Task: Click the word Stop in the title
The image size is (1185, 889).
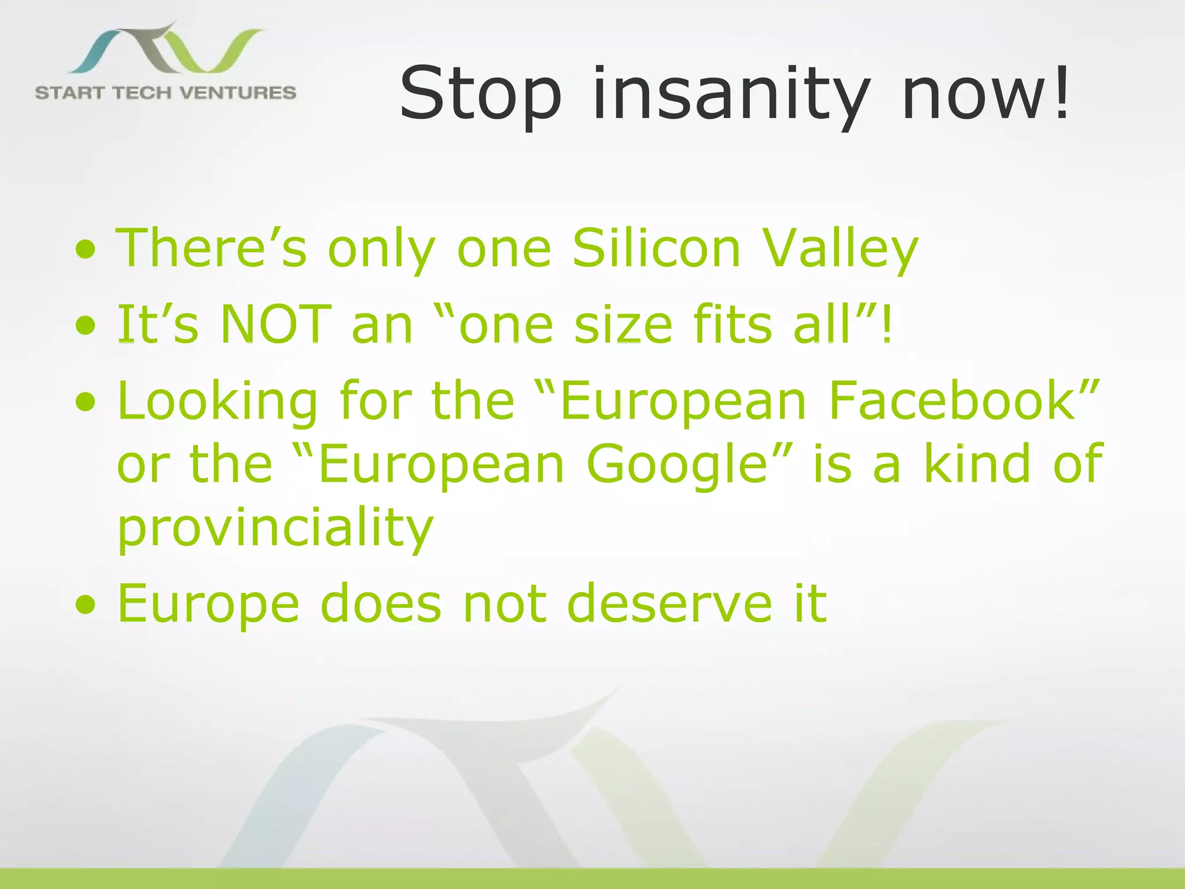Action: [x=480, y=94]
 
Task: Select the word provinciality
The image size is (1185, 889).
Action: [x=275, y=528]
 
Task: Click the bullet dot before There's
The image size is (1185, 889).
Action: [x=85, y=249]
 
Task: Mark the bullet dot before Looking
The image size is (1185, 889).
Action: [x=85, y=401]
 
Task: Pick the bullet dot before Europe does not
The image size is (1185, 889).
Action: [x=85, y=604]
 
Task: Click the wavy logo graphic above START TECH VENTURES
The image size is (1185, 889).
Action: [x=168, y=49]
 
